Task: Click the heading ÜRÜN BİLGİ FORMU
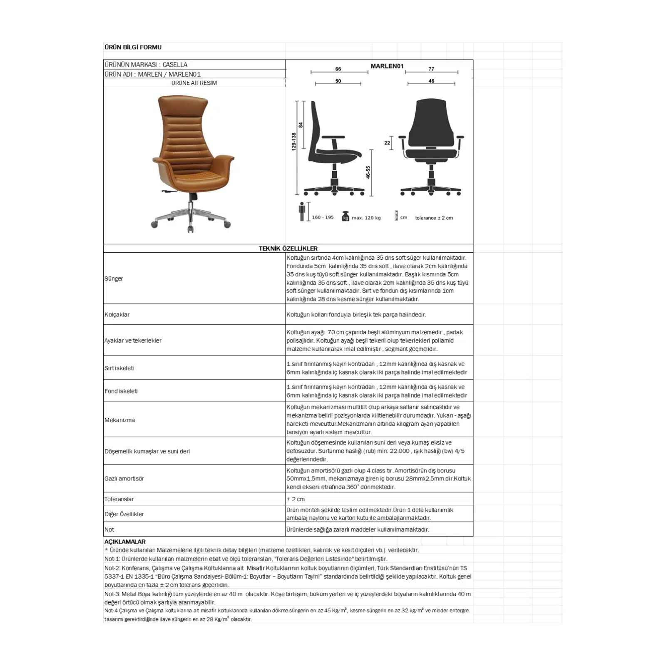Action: pos(133,47)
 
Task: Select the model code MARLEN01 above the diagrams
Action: pos(387,66)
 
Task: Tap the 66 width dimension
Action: pos(338,69)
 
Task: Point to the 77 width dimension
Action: pos(431,69)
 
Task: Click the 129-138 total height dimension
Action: pos(293,142)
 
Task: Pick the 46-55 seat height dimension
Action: pos(368,172)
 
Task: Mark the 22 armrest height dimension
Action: pos(387,143)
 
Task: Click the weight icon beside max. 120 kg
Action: pos(345,217)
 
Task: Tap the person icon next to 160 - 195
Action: pos(302,212)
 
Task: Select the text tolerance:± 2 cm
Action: pos(434,218)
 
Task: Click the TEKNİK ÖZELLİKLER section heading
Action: pos(288,249)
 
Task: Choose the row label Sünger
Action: pos(114,278)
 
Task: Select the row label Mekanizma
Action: pos(119,420)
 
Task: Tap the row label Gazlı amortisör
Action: pos(124,479)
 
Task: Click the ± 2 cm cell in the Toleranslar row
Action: pos(296,499)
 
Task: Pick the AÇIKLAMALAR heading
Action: pos(125,542)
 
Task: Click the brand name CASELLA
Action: pos(175,65)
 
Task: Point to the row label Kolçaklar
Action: pos(117,315)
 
